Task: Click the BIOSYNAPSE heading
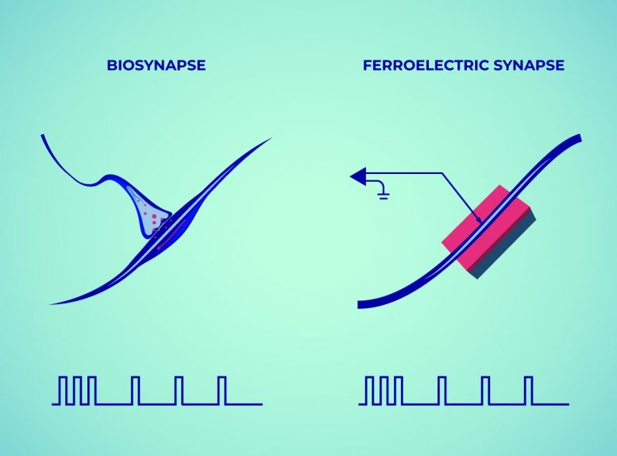point(156,65)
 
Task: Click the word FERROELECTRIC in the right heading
point(426,65)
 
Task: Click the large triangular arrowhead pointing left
point(359,176)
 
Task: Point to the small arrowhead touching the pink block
point(479,220)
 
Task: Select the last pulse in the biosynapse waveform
point(222,391)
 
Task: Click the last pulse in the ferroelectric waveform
point(529,391)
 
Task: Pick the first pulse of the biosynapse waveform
point(62,391)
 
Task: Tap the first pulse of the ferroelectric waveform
point(368,391)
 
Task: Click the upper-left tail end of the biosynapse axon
point(43,136)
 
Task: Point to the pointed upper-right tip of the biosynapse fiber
point(271,138)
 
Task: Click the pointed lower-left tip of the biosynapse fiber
point(52,303)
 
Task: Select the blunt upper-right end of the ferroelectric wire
point(579,137)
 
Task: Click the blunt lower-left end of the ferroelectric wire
point(359,304)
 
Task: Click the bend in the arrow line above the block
point(442,173)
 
